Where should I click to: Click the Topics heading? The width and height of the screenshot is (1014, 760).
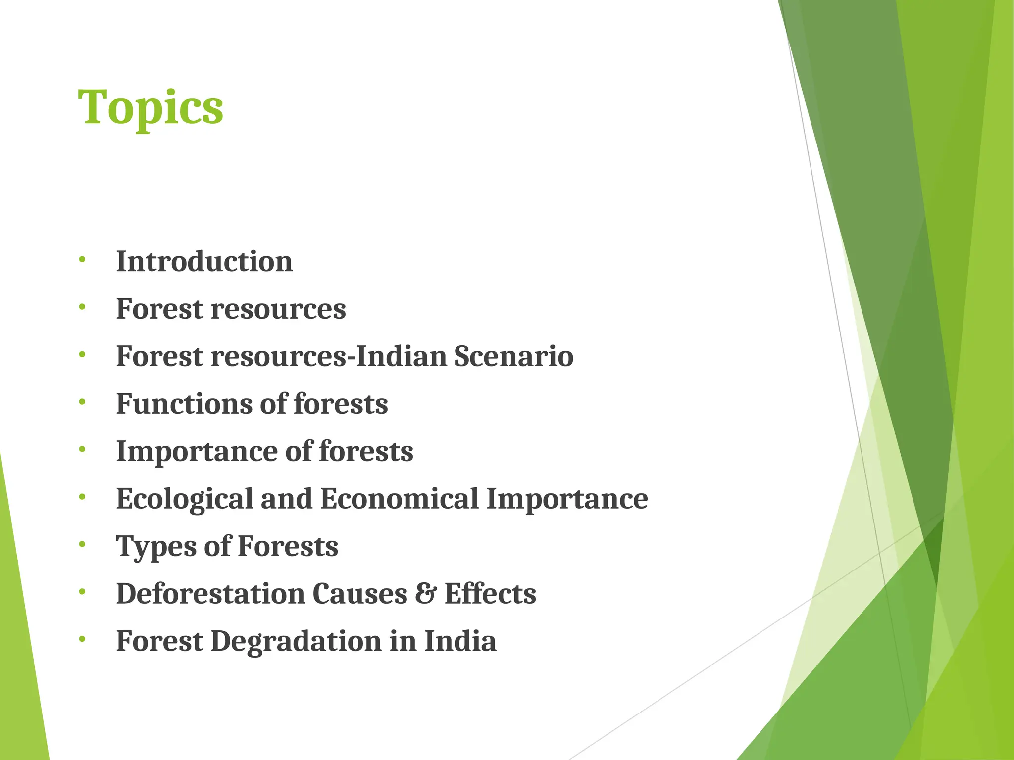tap(151, 108)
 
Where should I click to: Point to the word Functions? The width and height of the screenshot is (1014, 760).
tap(184, 404)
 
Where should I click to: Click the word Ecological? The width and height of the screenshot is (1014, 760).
tap(184, 499)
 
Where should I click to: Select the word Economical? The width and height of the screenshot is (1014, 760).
tap(399, 499)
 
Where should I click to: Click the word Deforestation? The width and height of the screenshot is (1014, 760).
tap(210, 594)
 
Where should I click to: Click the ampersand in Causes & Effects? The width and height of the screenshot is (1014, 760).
tap(425, 594)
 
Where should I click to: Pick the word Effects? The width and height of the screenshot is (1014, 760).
tap(490, 594)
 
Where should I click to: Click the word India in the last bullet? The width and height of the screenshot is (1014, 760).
tap(460, 641)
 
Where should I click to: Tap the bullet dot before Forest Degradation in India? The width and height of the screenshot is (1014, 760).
tap(82, 639)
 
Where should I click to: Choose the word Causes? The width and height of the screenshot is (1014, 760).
tap(359, 594)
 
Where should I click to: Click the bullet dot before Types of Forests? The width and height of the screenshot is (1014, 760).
tap(82, 544)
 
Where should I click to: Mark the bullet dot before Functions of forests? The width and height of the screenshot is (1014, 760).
tap(82, 402)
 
